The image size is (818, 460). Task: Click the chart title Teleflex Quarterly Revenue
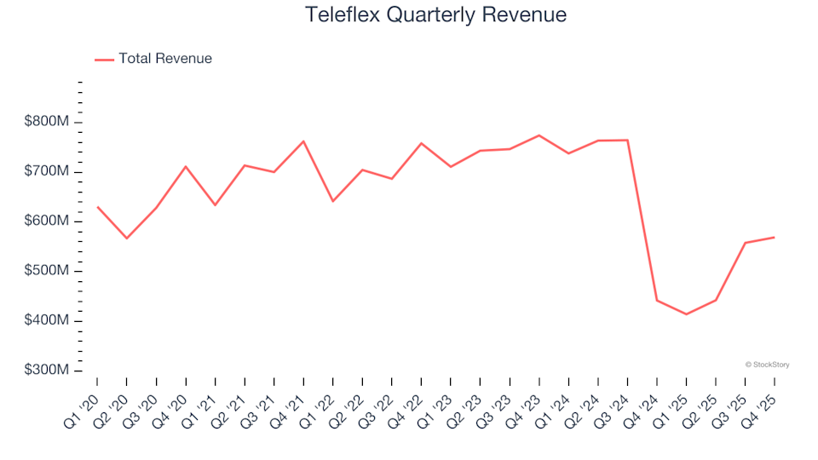click(x=435, y=15)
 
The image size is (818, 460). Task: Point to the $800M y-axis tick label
click(x=47, y=123)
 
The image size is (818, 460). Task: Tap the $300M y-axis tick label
click(x=47, y=371)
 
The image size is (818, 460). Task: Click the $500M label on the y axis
click(x=47, y=272)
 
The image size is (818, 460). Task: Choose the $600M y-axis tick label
click(x=47, y=221)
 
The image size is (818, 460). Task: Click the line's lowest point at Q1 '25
click(x=686, y=314)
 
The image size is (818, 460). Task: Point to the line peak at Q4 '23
click(x=539, y=135)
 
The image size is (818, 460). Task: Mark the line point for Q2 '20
click(x=127, y=239)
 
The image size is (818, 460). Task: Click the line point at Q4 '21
click(x=303, y=141)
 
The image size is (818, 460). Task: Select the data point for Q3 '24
click(x=627, y=140)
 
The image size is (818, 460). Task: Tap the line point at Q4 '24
click(x=656, y=300)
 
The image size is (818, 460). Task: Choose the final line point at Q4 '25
click(x=774, y=237)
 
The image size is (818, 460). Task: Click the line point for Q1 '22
click(x=332, y=201)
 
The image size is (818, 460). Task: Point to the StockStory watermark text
click(x=767, y=365)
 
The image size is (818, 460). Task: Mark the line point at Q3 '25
click(x=745, y=243)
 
